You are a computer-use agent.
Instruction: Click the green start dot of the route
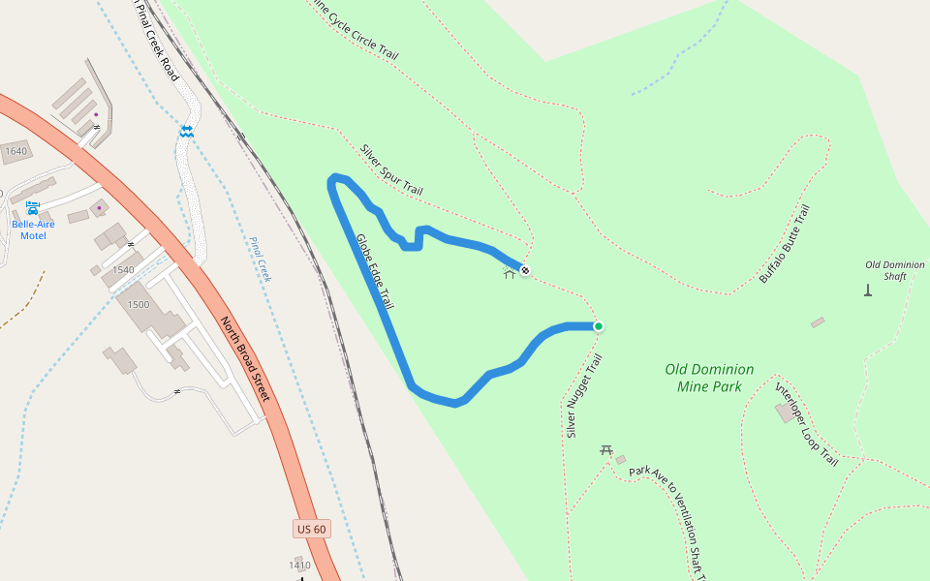[x=599, y=326]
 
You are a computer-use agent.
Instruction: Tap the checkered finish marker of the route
[x=524, y=271]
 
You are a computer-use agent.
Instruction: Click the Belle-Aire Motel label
[x=33, y=229]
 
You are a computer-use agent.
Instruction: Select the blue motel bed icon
[x=33, y=208]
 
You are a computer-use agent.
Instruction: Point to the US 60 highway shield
[x=312, y=529]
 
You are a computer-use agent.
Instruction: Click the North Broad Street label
[x=244, y=359]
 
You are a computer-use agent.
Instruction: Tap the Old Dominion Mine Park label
[x=709, y=378]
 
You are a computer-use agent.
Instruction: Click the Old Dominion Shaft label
[x=894, y=270]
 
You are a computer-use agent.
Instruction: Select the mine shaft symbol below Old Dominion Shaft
[x=867, y=290]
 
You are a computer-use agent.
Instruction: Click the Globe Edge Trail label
[x=375, y=272]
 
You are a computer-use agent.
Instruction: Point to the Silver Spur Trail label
[x=391, y=170]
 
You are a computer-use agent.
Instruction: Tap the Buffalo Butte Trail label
[x=785, y=244]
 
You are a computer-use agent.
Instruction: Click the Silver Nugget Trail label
[x=584, y=395]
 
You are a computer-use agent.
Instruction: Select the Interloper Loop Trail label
[x=806, y=423]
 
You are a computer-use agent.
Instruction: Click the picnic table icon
[x=606, y=449]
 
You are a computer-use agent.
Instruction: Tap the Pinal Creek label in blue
[x=261, y=260]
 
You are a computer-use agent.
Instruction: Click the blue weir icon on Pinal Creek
[x=186, y=130]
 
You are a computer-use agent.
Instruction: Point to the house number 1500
[x=138, y=305]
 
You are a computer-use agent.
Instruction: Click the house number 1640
[x=15, y=151]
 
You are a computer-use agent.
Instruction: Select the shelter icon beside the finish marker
[x=509, y=273]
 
